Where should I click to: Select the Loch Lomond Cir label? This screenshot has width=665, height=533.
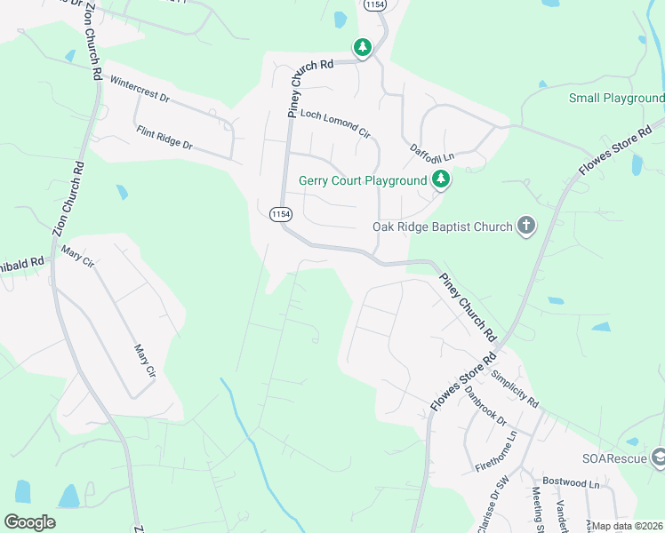coord(335,124)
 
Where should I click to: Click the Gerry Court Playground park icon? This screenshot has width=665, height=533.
coord(440,180)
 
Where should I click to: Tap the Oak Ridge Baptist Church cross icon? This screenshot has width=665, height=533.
coord(525,226)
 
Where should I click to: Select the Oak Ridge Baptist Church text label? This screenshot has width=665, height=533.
coord(442,227)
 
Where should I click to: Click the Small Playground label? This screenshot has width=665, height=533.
coord(616,98)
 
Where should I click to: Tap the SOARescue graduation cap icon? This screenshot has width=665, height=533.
coord(659,457)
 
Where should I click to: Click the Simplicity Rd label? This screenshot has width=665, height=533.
coord(514,388)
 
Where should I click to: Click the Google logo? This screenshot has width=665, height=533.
coord(30,521)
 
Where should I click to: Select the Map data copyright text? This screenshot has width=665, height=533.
coord(628,526)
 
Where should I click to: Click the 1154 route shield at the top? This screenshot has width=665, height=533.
coord(373,5)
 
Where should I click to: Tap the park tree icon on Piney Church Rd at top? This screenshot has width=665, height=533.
coord(362,48)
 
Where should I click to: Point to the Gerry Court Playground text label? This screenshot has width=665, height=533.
coord(363,180)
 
